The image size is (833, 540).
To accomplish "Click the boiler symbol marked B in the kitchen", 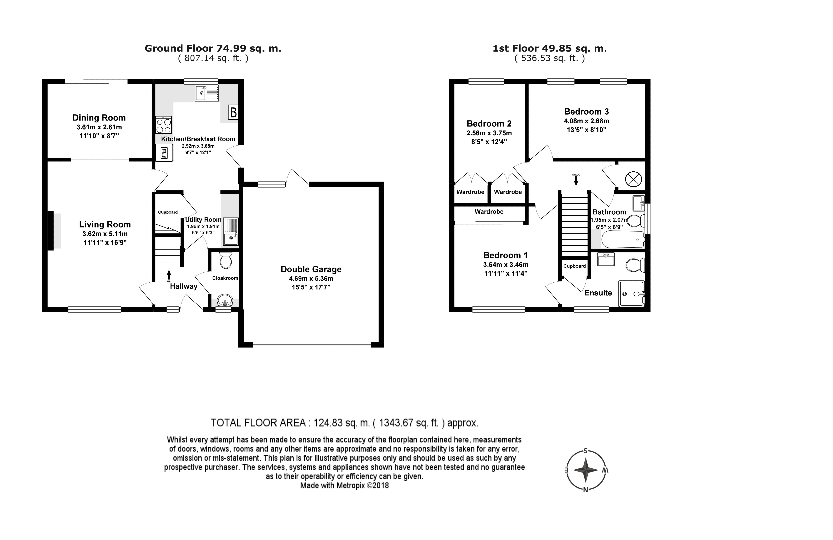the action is click(233, 112).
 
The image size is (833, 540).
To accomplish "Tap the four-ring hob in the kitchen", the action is click(164, 125).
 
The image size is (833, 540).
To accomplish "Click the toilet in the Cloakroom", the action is click(226, 260).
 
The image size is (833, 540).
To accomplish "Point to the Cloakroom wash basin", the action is click(225, 300).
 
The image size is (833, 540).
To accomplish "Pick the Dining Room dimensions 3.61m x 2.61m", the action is click(99, 127).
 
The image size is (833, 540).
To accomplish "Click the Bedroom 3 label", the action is click(586, 112).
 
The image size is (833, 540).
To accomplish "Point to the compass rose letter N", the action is click(585, 490).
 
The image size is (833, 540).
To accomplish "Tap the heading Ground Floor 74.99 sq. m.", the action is click(213, 48).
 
